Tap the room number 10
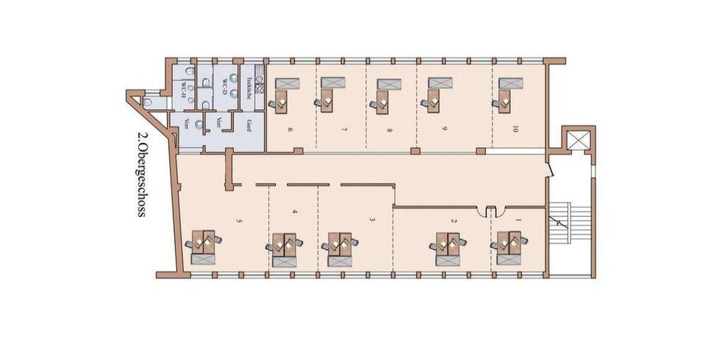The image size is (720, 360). tap(514, 129)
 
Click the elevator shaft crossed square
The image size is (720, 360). tap(578, 140)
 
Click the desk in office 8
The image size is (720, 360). tap(382, 100)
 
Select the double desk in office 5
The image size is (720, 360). tap(203, 243)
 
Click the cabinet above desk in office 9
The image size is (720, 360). tap(439, 83)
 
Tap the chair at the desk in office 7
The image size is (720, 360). tap(319, 104)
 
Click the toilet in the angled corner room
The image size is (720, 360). tap(148, 103)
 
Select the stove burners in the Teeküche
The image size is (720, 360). tap(260, 87)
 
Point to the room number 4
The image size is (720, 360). tap(295, 211)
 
